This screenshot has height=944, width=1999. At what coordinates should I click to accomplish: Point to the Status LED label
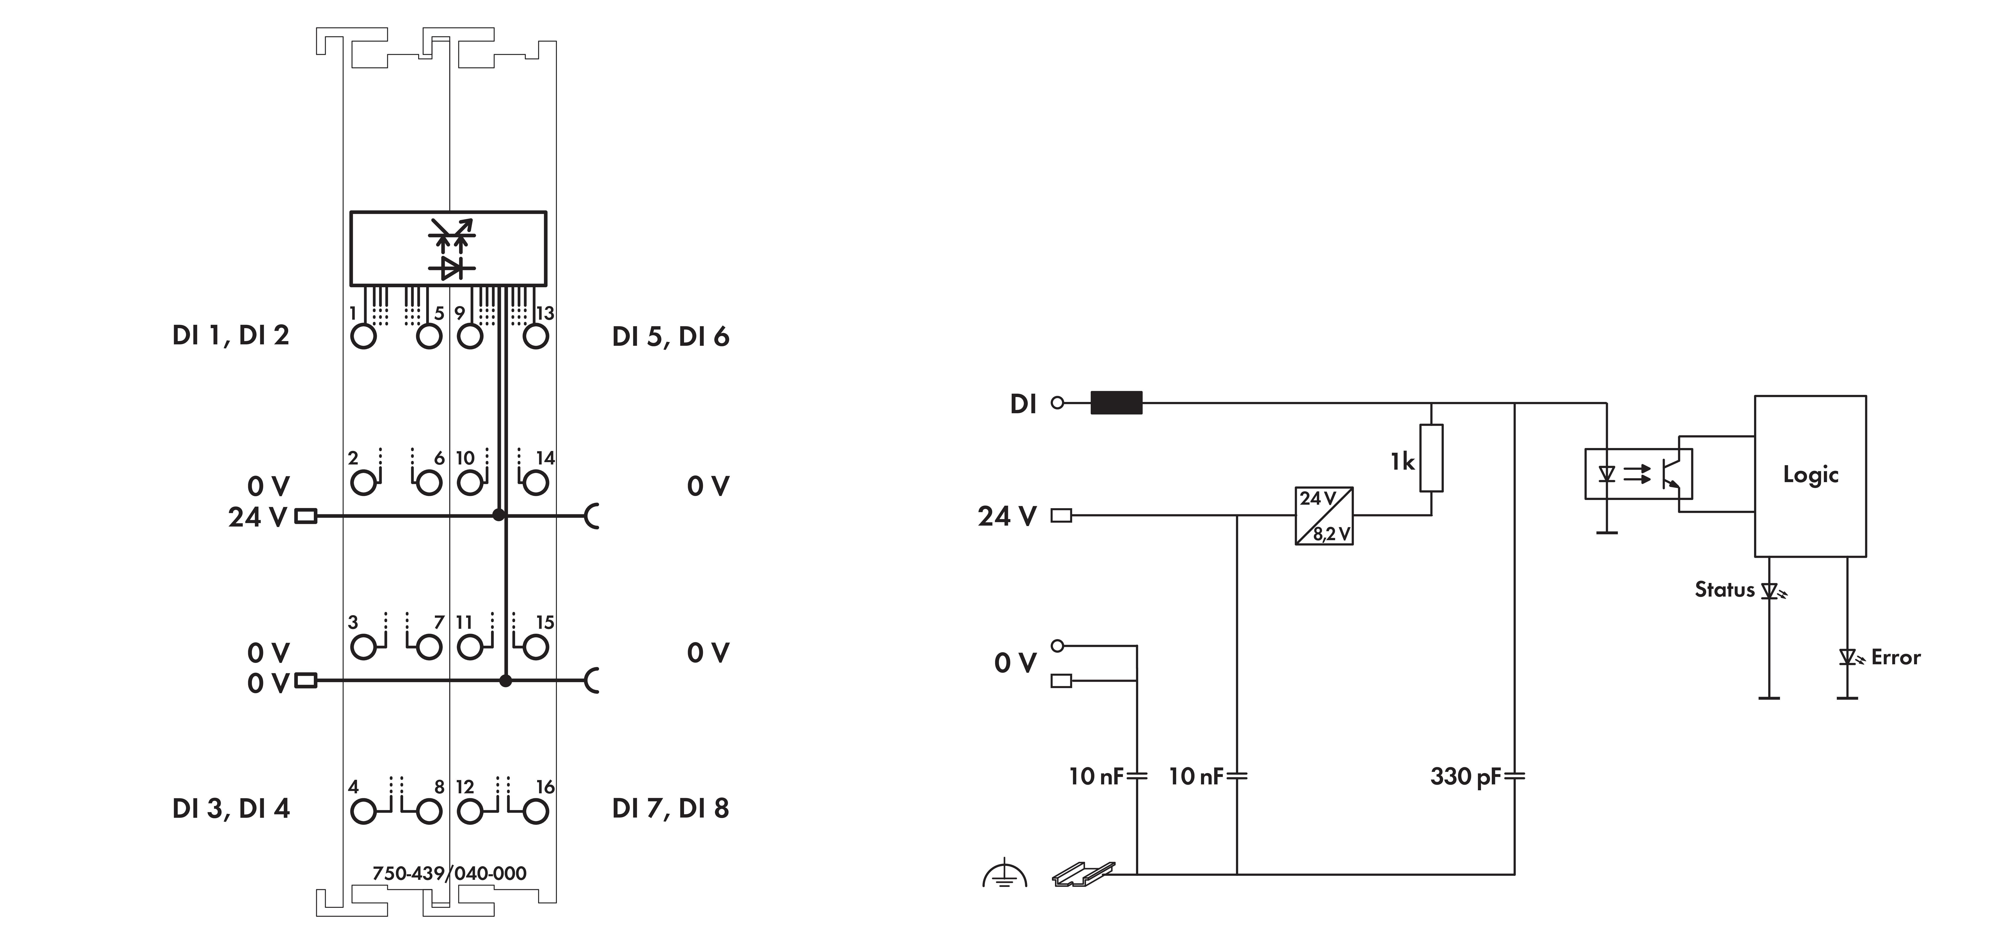(1724, 590)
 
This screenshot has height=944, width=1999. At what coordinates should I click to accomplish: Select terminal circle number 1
(363, 337)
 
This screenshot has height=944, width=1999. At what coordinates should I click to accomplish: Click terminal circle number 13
(535, 337)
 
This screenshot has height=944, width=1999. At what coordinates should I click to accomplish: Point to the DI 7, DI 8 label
(670, 808)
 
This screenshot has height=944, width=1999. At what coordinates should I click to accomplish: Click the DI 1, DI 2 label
(230, 335)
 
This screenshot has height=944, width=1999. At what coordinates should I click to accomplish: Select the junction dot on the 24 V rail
(499, 515)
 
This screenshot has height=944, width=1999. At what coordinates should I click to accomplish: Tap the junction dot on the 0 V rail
(506, 680)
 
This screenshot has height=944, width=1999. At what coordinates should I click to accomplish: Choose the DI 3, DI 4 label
(230, 808)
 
